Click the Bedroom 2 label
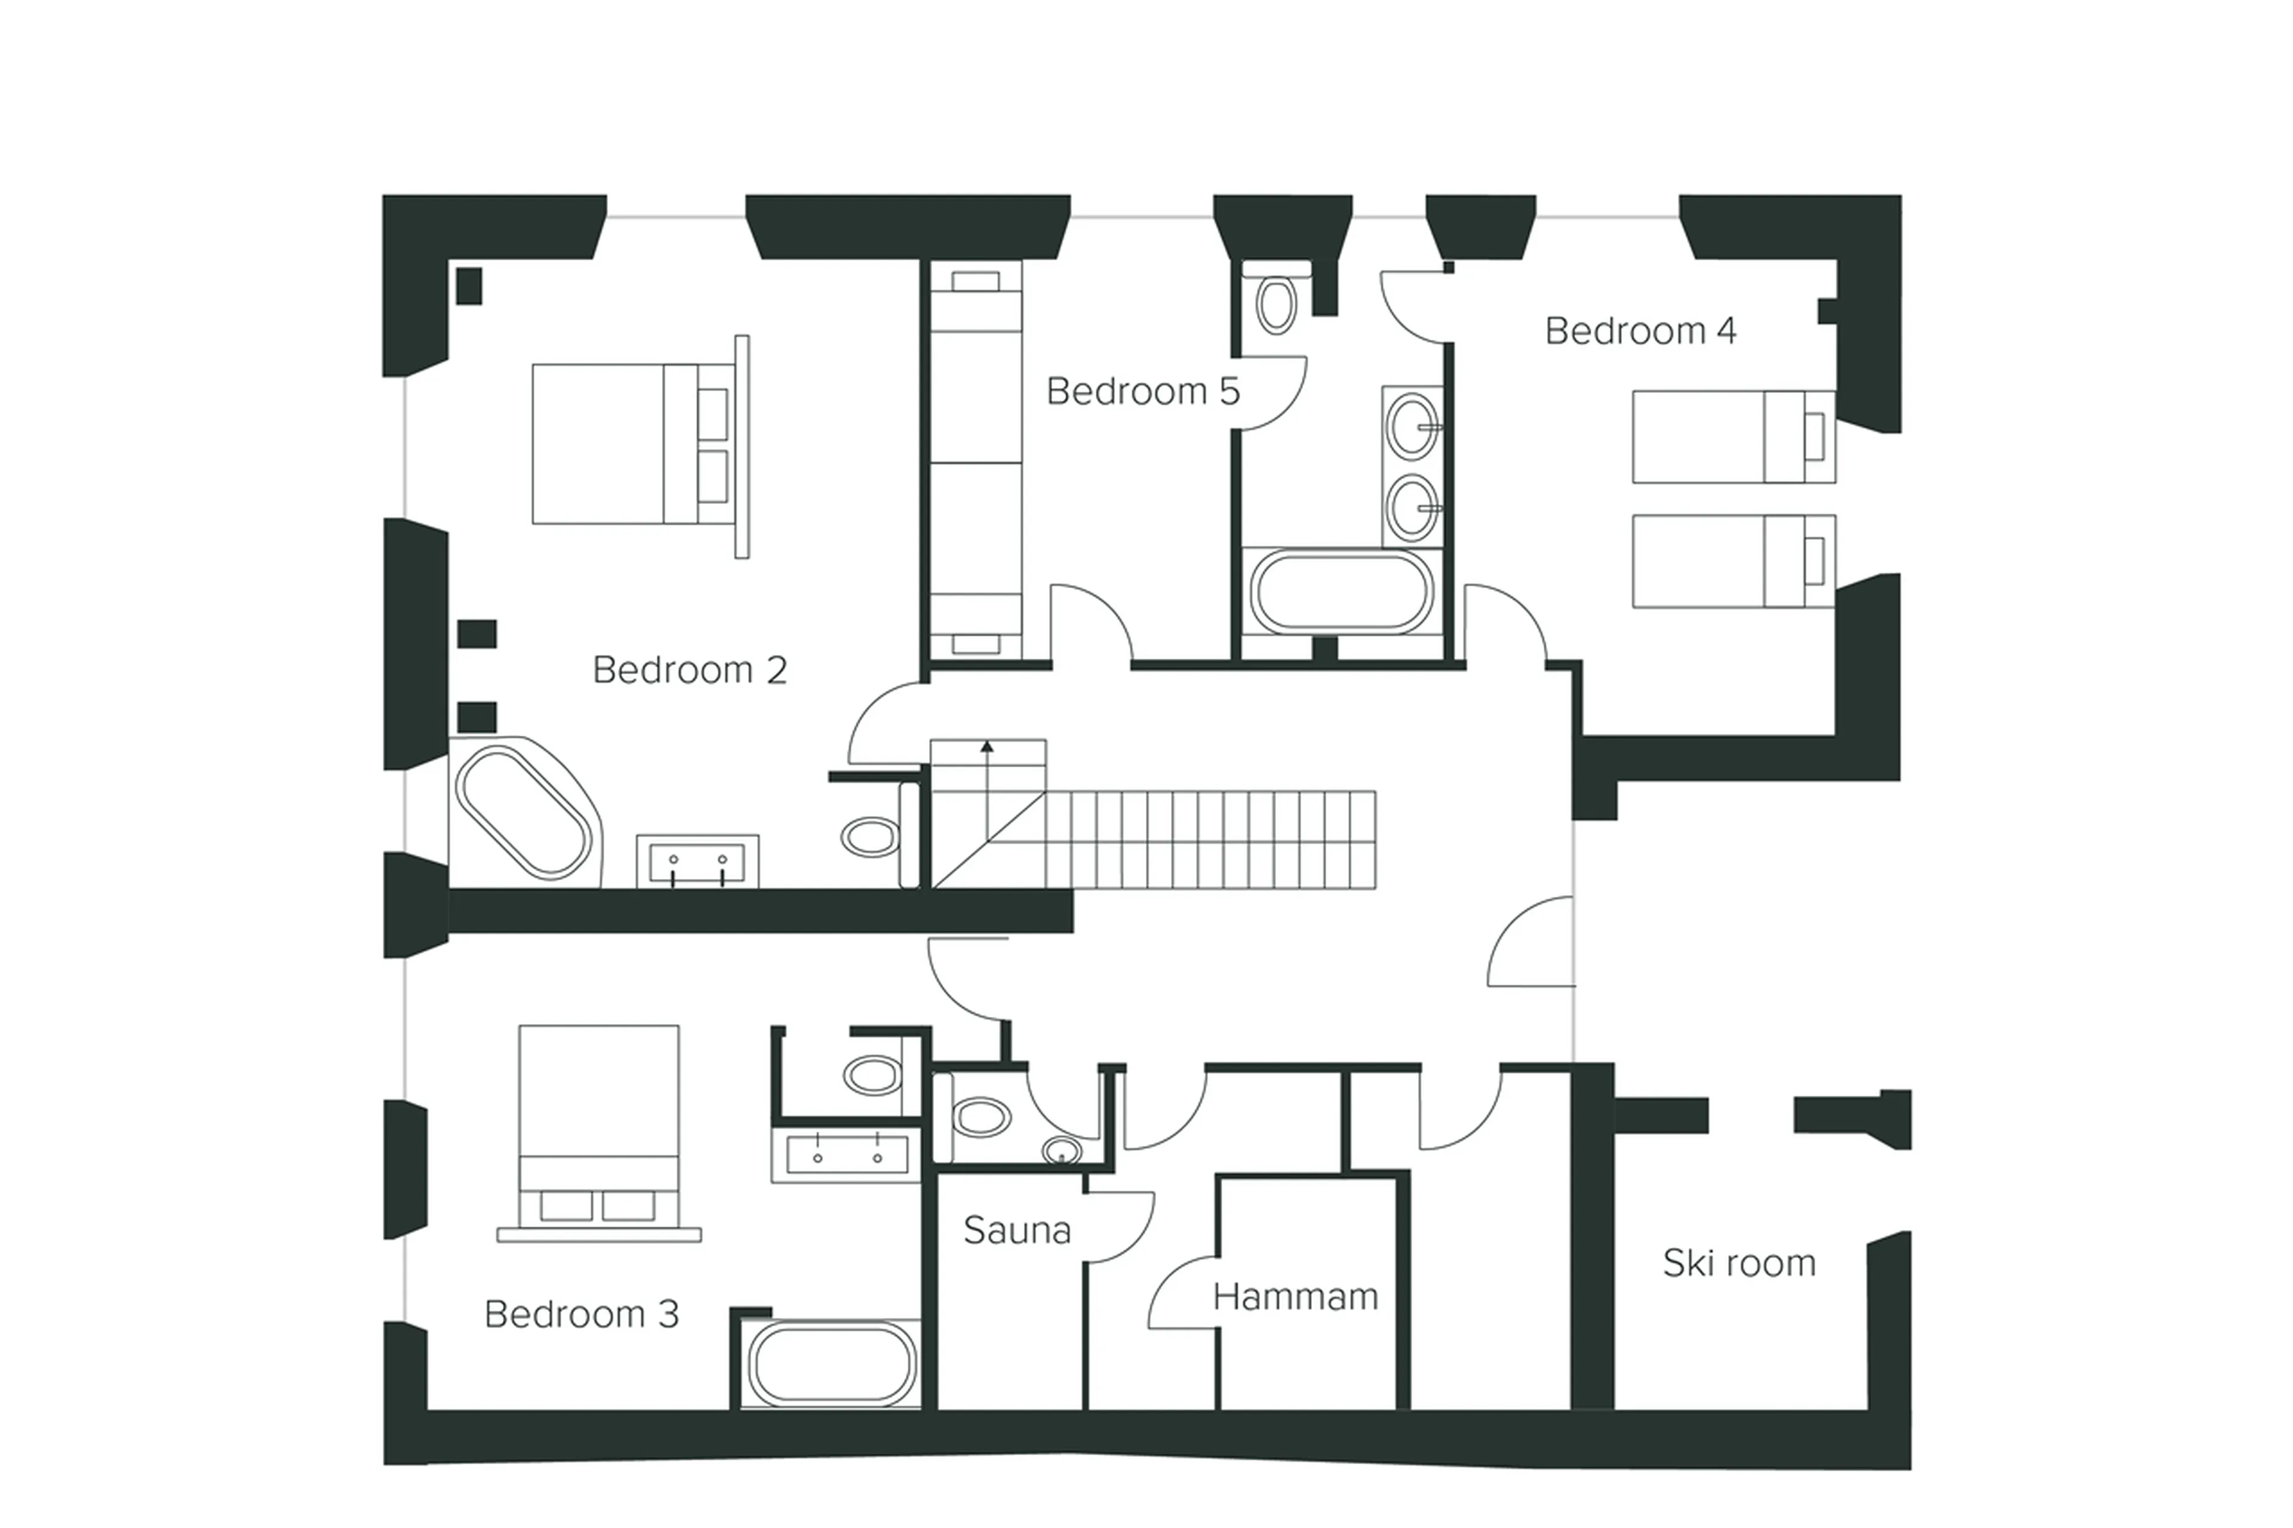pos(689,671)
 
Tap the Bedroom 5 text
pos(1142,392)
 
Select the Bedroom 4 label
pos(1640,331)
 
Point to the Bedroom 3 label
pos(581,1315)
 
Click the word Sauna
pos(1016,1231)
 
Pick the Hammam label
pos(1295,1297)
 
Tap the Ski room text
pos(1738,1264)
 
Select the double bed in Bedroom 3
pos(598,1126)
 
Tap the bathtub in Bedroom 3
pos(830,1365)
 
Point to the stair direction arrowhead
pos(987,746)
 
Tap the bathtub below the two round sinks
pos(1341,592)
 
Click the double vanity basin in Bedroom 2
pos(697,862)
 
